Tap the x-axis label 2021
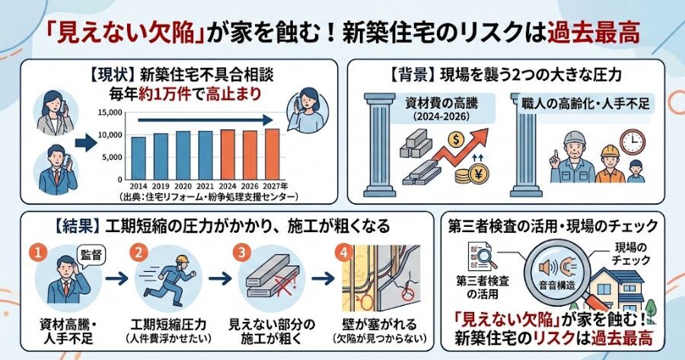pyautogui.click(x=205, y=185)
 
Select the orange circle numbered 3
pyautogui.click(x=241, y=250)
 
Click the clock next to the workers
pyautogui.click(x=632, y=142)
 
